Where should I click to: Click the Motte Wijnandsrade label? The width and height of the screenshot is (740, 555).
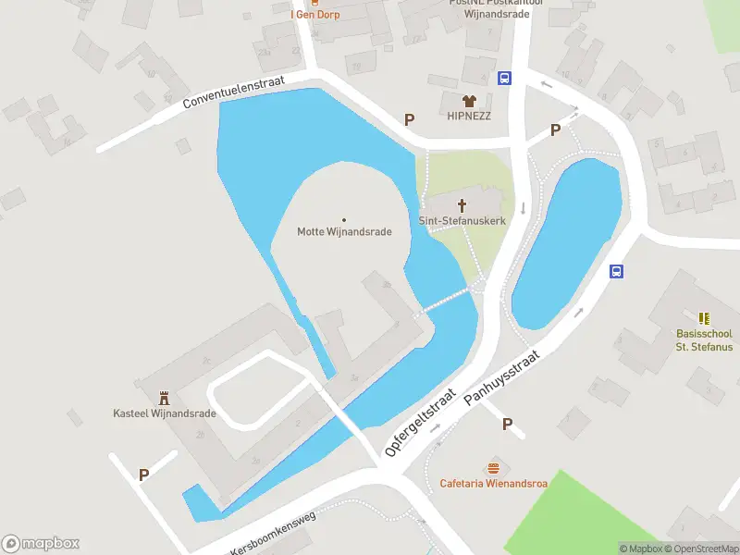344,231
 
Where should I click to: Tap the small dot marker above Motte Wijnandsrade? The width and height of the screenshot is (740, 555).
344,219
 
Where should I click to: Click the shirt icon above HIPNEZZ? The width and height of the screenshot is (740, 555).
469,101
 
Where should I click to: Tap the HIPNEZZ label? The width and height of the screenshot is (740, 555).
469,116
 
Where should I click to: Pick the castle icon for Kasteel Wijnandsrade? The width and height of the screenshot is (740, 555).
165,398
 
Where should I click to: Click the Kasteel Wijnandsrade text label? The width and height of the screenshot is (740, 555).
165,413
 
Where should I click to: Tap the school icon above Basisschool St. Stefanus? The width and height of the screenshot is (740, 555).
704,318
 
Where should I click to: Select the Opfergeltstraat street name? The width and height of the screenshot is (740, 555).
421,422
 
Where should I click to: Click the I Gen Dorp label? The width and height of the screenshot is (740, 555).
315,14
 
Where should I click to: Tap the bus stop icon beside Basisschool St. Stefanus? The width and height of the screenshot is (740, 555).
617,271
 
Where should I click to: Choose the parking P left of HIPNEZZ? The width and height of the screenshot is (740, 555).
410,119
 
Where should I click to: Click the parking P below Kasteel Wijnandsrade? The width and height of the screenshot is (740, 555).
143,475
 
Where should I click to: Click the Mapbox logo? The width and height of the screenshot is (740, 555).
41,543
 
